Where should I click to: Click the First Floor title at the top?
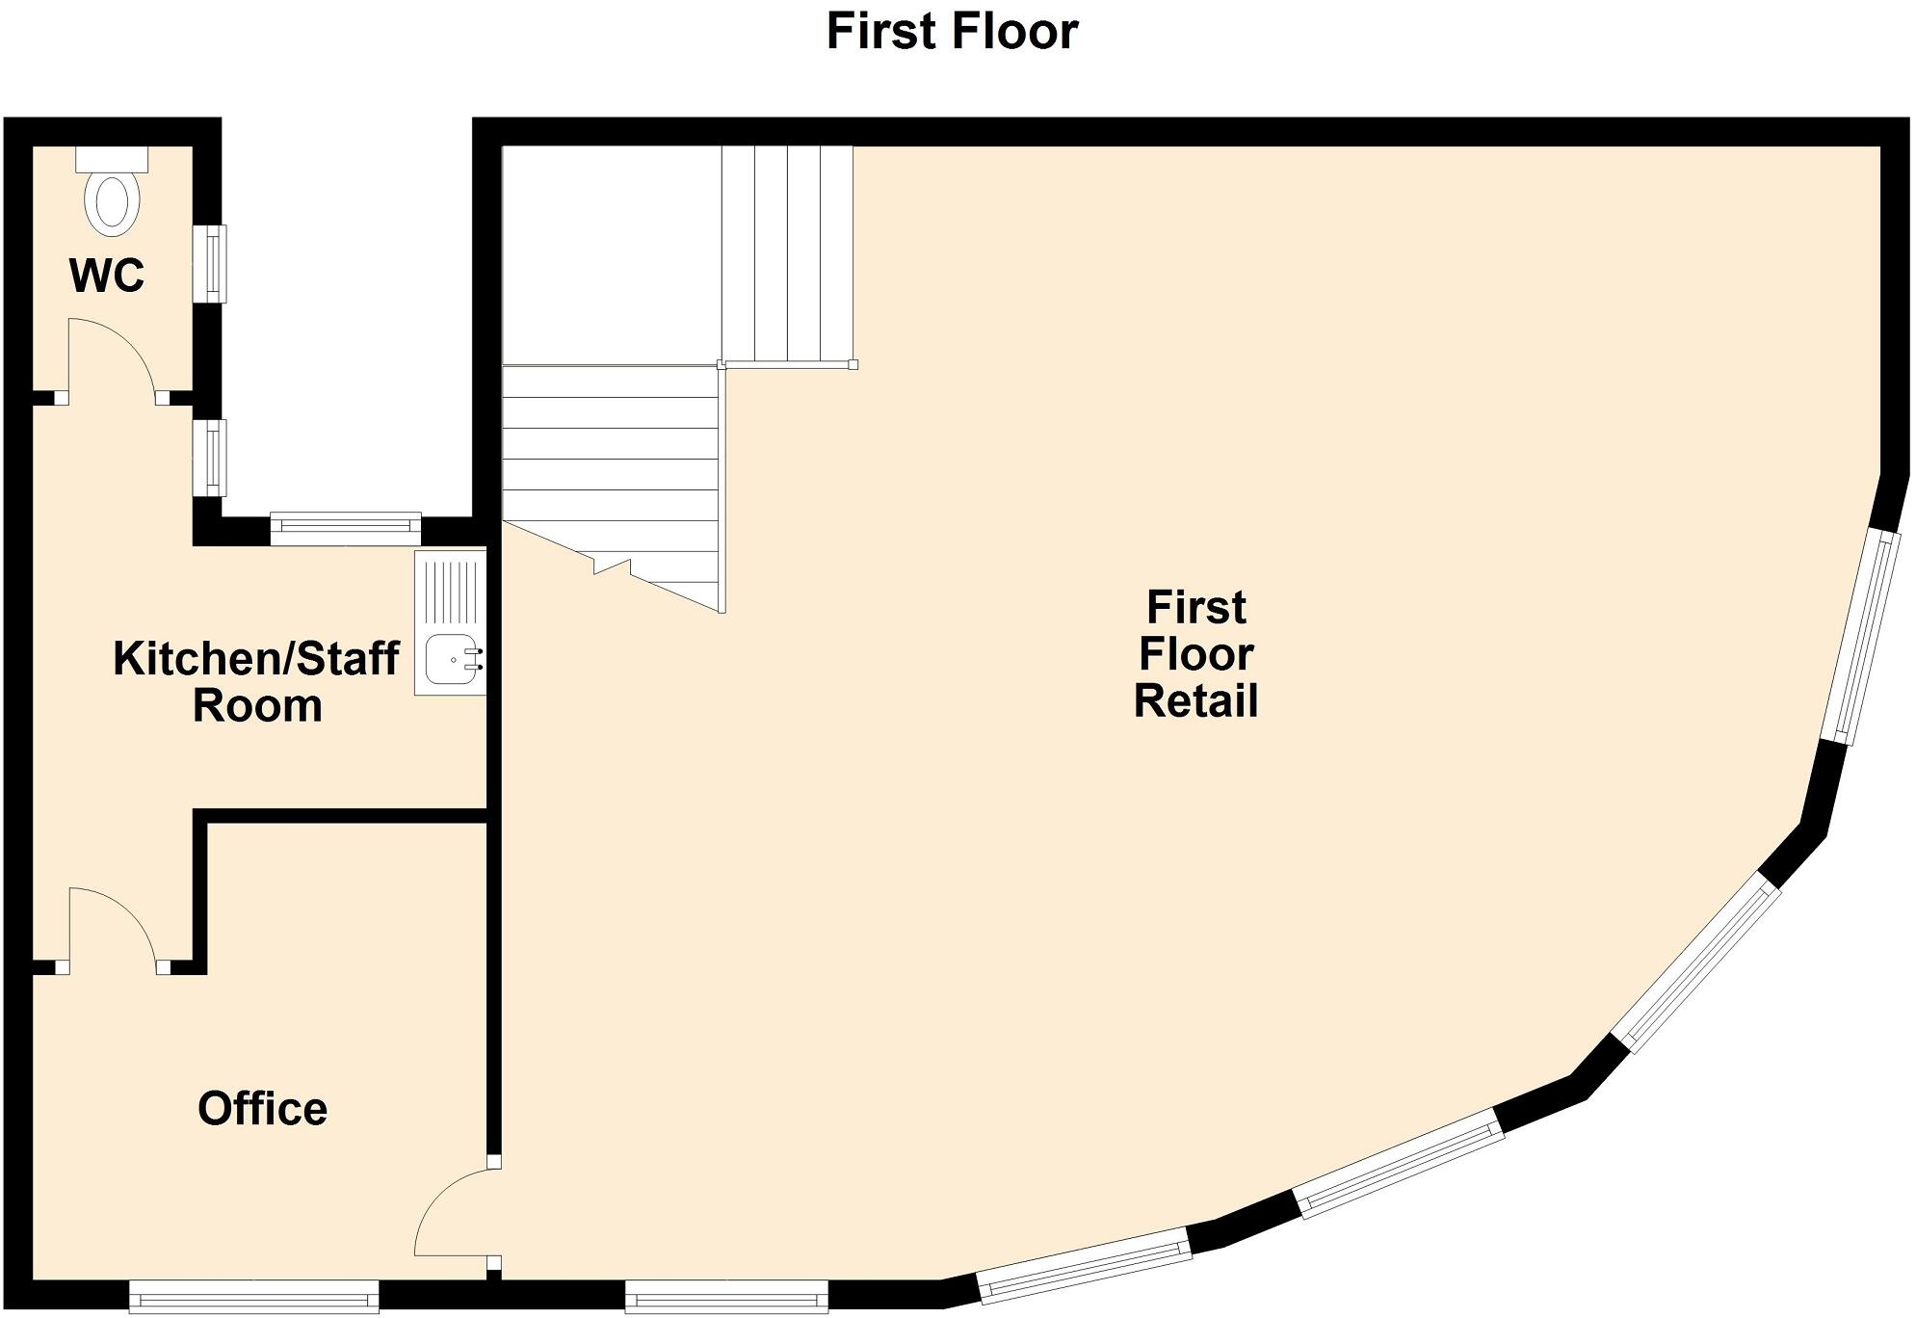pos(952,32)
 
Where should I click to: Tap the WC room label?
pos(106,277)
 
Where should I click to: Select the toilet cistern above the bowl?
pos(112,159)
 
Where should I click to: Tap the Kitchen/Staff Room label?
pos(255,682)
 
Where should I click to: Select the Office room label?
pos(262,1109)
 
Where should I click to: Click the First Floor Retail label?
pos(1195,654)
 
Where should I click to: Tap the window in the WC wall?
pos(210,263)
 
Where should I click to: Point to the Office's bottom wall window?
pos(253,1296)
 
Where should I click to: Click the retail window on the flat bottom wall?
pos(726,1296)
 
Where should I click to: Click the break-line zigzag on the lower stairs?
pos(613,566)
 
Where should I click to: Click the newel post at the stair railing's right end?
pos(853,364)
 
